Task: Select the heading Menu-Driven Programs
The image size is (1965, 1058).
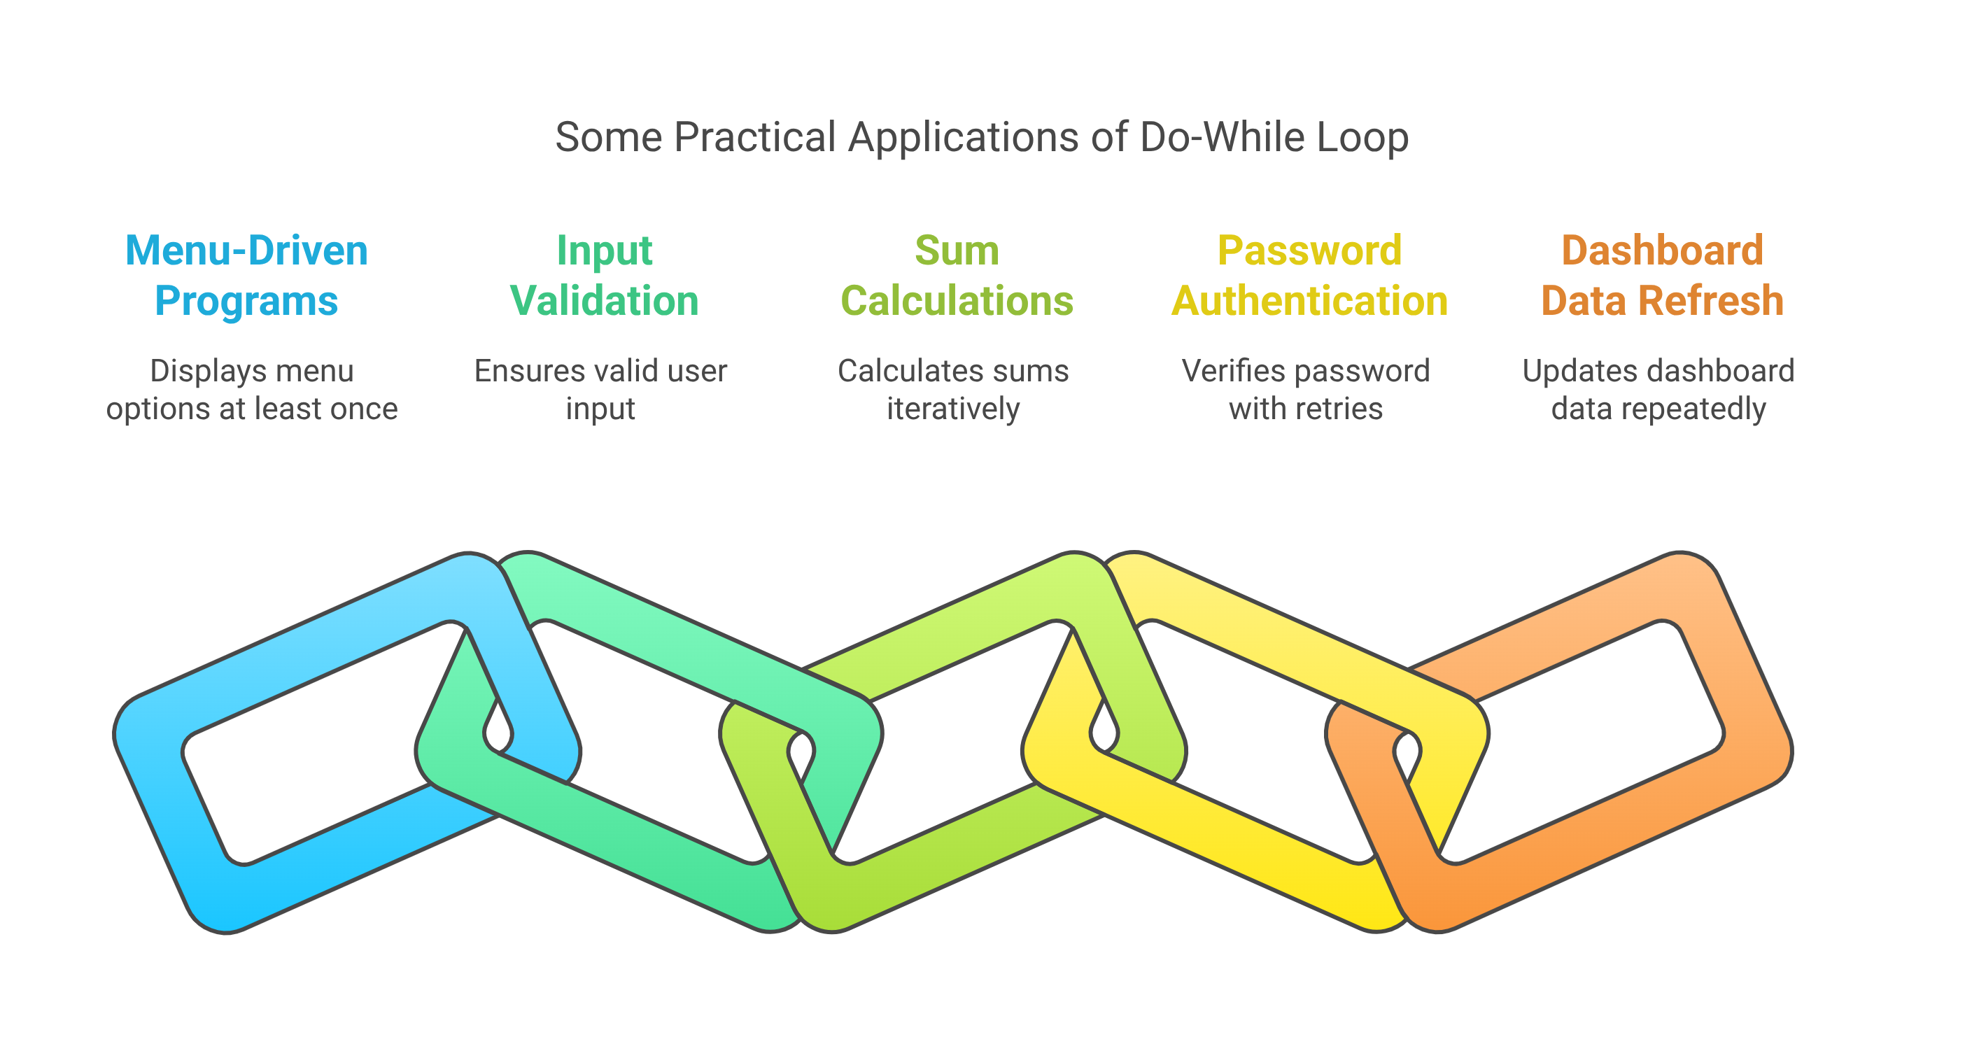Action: coord(246,276)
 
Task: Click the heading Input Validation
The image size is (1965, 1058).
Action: coord(604,276)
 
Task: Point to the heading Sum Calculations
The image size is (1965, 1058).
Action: coord(957,276)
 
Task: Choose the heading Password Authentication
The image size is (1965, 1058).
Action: coord(1309,276)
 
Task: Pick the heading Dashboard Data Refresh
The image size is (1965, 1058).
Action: coord(1662,276)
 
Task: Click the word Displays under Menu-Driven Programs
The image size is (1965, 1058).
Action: coord(197,372)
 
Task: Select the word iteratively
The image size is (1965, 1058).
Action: coord(952,409)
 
